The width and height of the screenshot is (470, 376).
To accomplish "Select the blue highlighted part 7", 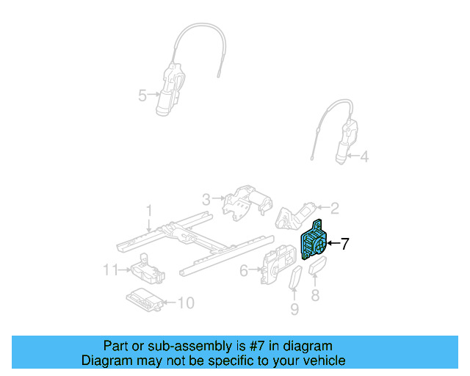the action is point(314,242).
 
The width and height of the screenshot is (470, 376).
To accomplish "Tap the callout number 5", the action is point(142,94).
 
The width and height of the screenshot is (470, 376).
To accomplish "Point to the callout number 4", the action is point(365,156).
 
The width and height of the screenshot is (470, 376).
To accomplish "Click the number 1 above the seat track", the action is point(148,211).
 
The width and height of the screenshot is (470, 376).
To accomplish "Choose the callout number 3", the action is point(206,198).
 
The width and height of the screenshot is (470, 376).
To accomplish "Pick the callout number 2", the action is point(334,208).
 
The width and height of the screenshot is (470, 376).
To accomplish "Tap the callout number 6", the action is point(243,271).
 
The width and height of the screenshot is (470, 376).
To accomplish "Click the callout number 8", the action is point(317,296).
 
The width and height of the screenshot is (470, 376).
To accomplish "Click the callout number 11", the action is point(110,270).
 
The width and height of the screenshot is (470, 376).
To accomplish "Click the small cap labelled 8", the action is point(318,268).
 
